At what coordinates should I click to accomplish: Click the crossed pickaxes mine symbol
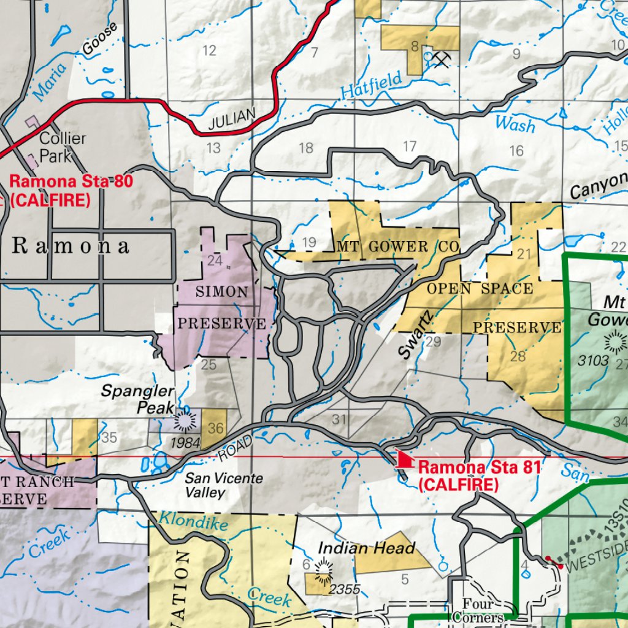tap(440, 58)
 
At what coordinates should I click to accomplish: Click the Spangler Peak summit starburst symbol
tap(184, 421)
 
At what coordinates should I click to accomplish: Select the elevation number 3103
tap(593, 361)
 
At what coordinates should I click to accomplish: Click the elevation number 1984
tap(186, 442)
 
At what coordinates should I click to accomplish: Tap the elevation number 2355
tap(345, 589)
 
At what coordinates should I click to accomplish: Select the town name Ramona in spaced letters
tap(71, 247)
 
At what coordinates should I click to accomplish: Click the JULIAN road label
tap(231, 119)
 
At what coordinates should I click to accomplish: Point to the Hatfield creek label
tap(372, 85)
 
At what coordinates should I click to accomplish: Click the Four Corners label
tap(478, 611)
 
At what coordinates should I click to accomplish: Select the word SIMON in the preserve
tap(222, 292)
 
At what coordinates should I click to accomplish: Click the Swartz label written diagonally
tap(415, 334)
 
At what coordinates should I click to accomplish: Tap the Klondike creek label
tap(194, 521)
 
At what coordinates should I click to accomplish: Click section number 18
tap(305, 148)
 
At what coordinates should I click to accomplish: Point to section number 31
tap(339, 420)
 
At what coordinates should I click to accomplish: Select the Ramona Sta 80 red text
tap(71, 182)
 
